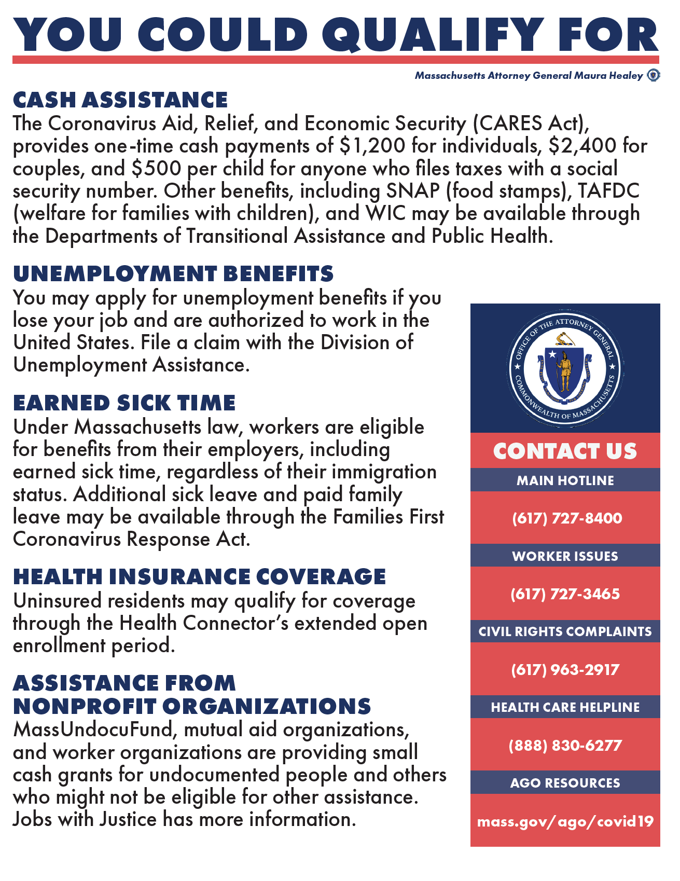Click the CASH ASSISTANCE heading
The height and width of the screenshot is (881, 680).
[120, 100]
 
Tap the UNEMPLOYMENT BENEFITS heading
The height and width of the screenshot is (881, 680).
[173, 273]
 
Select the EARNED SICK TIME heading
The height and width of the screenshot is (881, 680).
[124, 403]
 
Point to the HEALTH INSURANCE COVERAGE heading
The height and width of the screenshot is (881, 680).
[200, 576]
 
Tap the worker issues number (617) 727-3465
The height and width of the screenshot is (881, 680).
[565, 594]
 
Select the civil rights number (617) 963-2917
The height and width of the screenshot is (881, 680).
[565, 669]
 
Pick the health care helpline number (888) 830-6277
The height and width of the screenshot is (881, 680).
[565, 745]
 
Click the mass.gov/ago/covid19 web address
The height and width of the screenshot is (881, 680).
[565, 821]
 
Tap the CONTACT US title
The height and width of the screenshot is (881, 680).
[565, 451]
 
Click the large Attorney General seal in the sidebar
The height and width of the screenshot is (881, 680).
[565, 369]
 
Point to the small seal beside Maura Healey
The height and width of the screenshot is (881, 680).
[654, 75]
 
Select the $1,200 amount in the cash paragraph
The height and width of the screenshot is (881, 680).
[372, 146]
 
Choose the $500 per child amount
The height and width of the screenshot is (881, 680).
[156, 169]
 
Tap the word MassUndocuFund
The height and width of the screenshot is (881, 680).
[95, 729]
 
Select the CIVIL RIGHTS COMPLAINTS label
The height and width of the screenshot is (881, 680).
[565, 631]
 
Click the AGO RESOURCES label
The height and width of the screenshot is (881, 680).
[565, 782]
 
